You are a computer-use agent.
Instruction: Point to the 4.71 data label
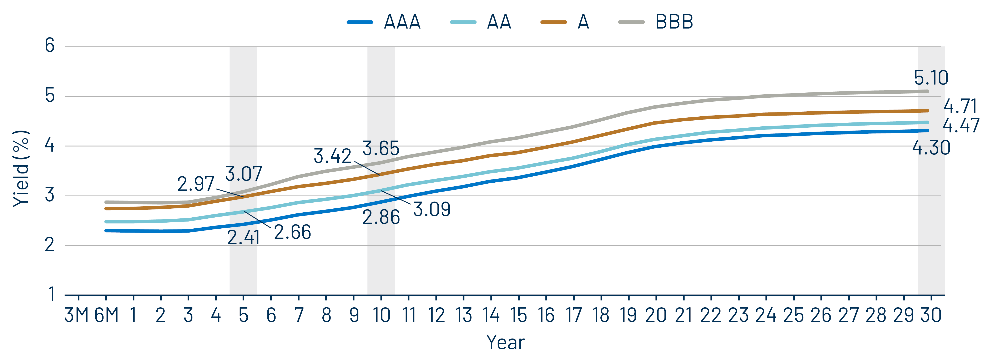960,106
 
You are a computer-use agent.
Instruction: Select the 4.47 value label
961,126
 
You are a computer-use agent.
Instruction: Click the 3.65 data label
380,148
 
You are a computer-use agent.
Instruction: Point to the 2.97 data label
196,184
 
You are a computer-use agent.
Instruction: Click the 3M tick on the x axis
76,315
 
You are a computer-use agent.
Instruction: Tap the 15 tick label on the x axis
518,315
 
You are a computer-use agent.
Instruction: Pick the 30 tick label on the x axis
931,315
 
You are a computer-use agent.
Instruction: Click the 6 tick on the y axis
50,46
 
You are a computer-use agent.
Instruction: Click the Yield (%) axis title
21,169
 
